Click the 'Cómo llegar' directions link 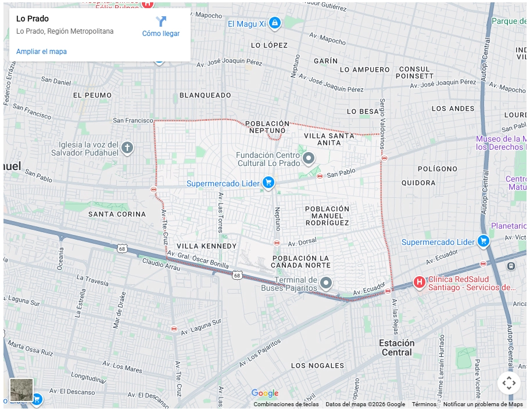coord(161,27)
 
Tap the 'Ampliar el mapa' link coord(41,52)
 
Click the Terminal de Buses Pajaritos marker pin coord(327,283)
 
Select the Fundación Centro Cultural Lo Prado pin coord(309,157)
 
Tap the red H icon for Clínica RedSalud coord(419,282)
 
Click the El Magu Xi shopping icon coord(275,23)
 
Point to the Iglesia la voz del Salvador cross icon coord(127,148)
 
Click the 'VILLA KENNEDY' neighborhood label coord(206,246)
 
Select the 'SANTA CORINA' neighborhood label coord(117,214)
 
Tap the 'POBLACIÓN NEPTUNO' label coord(267,127)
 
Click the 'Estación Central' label coord(397,347)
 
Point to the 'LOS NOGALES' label coord(317,366)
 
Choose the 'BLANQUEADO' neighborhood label coord(205,95)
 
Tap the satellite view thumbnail coord(22,390)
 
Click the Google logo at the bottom coord(265,393)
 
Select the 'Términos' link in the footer coord(424,404)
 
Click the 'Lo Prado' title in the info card coord(33,19)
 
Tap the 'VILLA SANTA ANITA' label coord(330,139)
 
